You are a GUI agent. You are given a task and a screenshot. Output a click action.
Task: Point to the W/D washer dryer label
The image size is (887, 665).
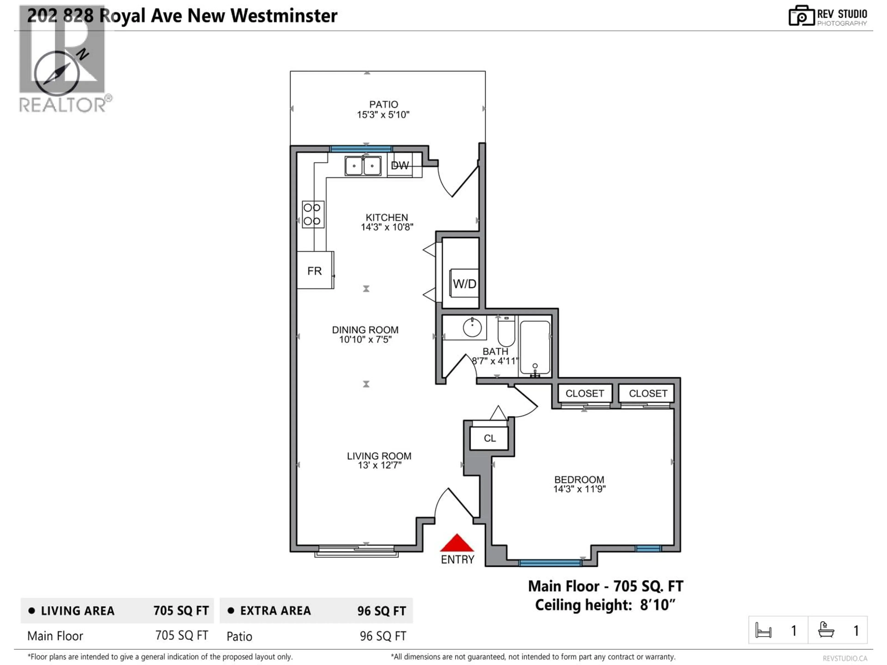click(x=464, y=284)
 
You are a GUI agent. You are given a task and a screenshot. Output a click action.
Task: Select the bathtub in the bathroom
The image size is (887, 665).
click(x=535, y=347)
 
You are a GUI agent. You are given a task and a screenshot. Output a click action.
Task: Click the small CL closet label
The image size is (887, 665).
click(x=490, y=438)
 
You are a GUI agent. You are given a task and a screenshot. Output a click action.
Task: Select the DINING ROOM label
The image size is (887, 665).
click(x=365, y=330)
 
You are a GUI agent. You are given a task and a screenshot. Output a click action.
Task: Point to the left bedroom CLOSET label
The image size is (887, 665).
click(x=585, y=394)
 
